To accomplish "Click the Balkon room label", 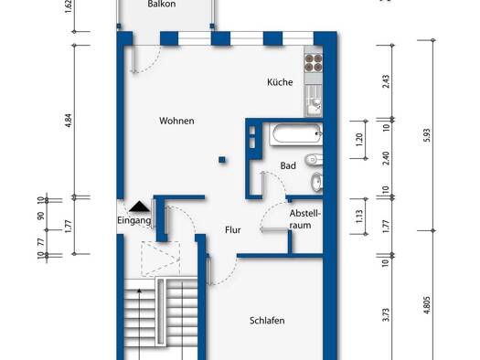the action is coord(161,4).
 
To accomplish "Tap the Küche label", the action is coord(280,82).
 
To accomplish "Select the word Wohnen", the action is coord(176,121).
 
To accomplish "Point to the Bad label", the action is coord(288,165).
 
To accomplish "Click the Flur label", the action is coord(233,230).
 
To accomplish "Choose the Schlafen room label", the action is coord(267,321).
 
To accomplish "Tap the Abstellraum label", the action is coord(304,219).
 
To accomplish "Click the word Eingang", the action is coord(134,220).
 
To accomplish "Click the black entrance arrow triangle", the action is coord(139,206).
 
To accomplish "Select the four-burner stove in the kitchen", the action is coord(314,62).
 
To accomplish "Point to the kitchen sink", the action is coord(314,101).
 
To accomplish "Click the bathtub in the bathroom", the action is coord(296,134).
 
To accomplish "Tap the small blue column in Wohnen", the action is coord(222,159).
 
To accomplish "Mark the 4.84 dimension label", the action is coord(69,121).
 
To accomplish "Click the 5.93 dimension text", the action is coord(427,135).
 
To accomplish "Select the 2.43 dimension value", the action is coord(387,81).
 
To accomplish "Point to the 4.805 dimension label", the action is coord(427,304).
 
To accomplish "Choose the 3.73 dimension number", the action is coord(387,314).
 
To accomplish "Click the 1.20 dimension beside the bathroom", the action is coord(359,140).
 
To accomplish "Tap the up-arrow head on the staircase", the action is coord(140,291).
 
